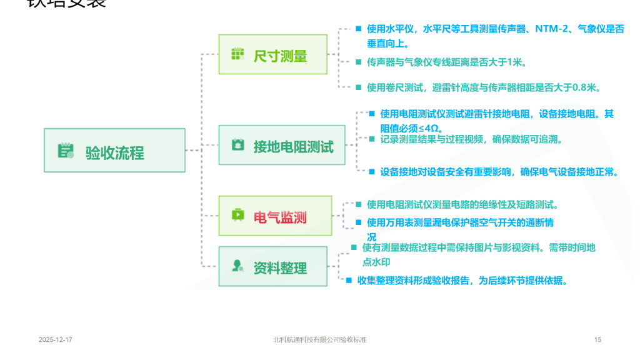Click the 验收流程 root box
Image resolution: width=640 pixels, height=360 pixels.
tap(115, 151)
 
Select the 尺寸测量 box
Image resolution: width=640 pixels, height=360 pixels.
tap(273, 55)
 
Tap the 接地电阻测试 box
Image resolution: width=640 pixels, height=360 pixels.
tap(282, 146)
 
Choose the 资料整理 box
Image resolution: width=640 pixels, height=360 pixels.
tap(273, 267)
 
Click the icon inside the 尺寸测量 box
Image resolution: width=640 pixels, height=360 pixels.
tap(237, 55)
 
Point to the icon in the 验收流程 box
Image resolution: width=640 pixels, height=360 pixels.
tap(66, 151)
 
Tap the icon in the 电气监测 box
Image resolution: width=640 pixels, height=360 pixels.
tap(237, 216)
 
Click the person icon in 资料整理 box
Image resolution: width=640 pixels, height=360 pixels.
tap(237, 266)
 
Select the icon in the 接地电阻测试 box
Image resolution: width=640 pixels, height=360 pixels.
tap(237, 145)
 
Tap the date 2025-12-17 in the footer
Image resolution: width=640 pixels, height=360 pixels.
tap(56, 339)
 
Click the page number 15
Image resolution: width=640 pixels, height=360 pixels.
tap(597, 339)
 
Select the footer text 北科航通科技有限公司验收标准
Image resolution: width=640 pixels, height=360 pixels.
tap(319, 339)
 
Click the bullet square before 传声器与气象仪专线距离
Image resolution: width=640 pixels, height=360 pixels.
tap(358, 62)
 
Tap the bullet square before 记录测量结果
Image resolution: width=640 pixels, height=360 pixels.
tap(371, 139)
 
